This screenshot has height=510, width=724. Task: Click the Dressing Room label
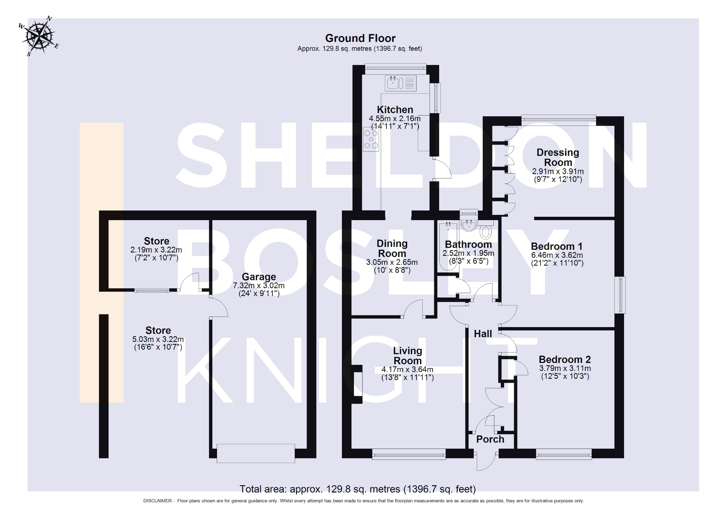[558, 157]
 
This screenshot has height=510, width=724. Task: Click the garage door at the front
[256, 453]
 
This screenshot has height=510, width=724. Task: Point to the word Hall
[483, 334]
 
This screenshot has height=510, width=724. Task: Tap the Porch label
[490, 439]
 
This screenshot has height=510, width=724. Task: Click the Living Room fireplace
[357, 384]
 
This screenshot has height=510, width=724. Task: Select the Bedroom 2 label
[565, 359]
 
